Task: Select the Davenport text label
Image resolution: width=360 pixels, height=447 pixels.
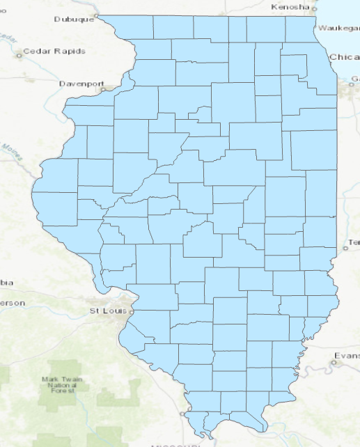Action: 81,82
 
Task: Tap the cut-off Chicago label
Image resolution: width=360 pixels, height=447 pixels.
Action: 344,56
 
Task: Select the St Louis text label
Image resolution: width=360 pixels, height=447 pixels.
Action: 107,311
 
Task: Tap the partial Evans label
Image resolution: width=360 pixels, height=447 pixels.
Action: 347,356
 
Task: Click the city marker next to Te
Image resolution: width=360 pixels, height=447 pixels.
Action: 345,248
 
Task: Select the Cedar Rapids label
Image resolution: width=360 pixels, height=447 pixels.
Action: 54,52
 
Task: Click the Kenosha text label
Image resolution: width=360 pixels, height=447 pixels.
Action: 290,7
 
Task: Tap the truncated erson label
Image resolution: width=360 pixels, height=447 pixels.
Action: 13,303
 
